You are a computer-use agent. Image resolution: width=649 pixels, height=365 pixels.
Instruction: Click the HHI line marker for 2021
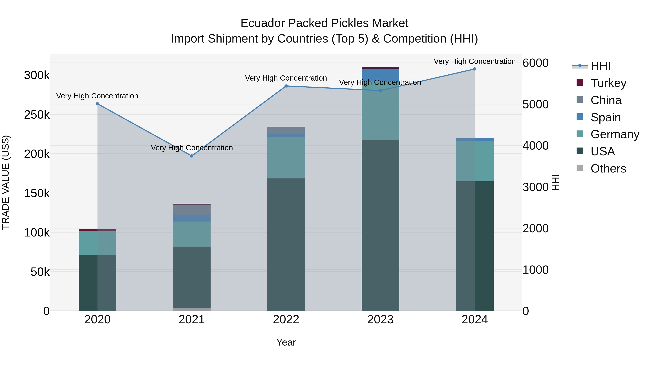pos(192,156)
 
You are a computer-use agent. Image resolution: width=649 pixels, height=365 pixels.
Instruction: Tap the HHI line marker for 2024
pos(475,69)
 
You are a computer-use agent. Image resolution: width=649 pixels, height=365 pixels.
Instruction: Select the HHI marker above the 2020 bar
pos(98,104)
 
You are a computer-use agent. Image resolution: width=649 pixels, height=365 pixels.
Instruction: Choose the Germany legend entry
pos(615,134)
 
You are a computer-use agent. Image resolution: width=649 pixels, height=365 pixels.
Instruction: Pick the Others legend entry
pos(608,169)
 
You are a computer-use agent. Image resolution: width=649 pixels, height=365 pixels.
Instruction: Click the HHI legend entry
pos(600,66)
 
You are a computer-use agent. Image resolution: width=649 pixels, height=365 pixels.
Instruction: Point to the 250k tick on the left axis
pos(37,115)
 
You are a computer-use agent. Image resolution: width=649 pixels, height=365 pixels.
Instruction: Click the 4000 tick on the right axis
pos(535,146)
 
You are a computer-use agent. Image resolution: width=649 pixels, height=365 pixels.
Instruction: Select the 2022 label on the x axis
pos(286,320)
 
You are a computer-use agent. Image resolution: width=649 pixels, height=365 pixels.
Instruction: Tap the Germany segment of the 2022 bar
pos(286,157)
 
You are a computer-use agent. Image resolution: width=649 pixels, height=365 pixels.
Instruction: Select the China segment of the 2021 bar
pos(192,210)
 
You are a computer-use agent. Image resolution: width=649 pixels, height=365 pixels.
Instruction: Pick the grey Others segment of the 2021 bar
pos(192,309)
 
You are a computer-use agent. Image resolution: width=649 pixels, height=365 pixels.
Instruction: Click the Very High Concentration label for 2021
pos(192,148)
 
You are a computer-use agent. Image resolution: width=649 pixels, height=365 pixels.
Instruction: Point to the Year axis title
pos(286,342)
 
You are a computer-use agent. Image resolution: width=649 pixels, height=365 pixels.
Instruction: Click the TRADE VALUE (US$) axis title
pos(6,182)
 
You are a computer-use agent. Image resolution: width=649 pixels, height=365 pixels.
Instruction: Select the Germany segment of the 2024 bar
pos(475,161)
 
